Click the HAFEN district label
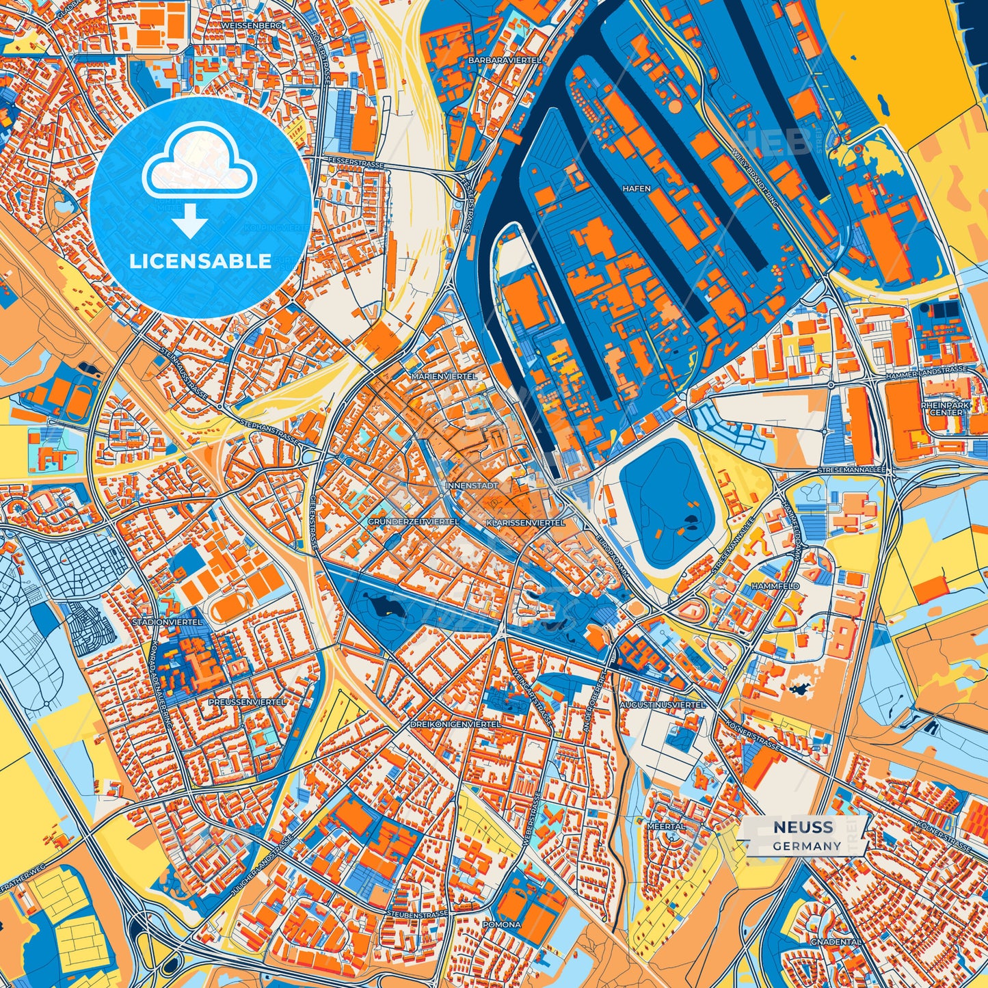[x=636, y=188]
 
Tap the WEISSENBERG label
[x=241, y=25]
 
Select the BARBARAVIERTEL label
[x=505, y=60]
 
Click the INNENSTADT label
[x=468, y=485]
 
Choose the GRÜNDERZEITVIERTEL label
[x=413, y=522]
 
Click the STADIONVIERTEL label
[x=168, y=622]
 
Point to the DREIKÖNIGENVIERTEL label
[x=455, y=723]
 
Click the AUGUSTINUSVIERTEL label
[x=662, y=704]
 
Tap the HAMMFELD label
[x=775, y=586]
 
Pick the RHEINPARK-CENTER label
[x=946, y=408]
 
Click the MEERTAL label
[x=666, y=826]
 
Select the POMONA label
[x=502, y=924]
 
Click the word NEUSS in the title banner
[x=803, y=827]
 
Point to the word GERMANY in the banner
[x=807, y=846]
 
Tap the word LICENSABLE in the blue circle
[x=200, y=261]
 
